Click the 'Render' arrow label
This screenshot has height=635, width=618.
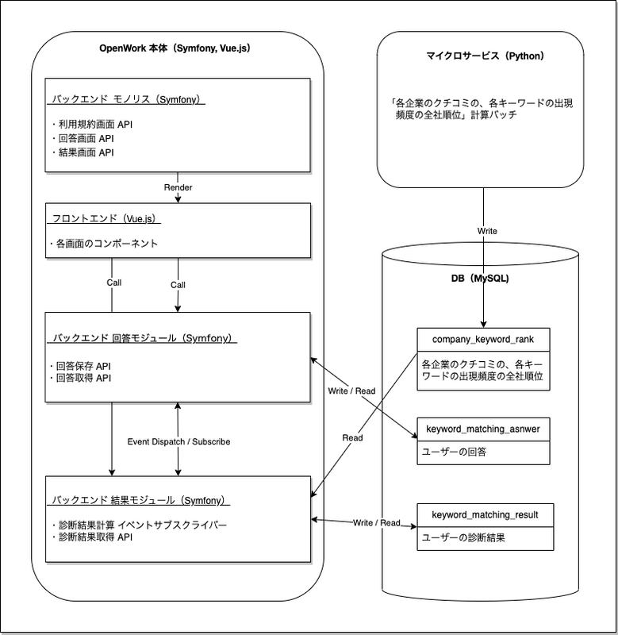178,187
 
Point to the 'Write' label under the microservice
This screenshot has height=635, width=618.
486,231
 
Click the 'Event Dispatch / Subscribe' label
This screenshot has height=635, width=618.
178,441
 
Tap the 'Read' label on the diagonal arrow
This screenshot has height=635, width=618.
352,437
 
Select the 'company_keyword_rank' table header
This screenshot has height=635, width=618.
483,339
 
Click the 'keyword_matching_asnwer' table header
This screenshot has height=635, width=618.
483,429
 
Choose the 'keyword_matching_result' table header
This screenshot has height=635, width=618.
483,515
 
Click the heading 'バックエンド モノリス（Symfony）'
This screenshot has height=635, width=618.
127,100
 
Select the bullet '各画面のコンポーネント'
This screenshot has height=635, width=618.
103,244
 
